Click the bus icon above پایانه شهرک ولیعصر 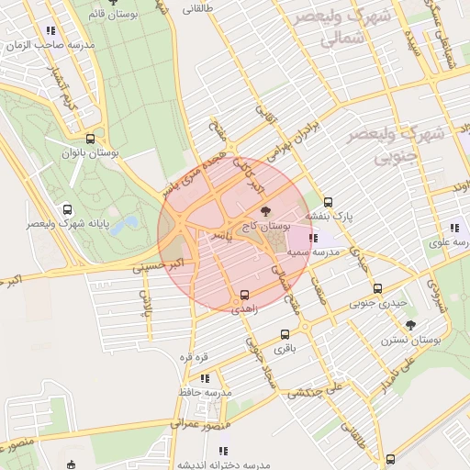[66, 209]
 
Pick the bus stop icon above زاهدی [244, 296]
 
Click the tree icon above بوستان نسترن [410, 324]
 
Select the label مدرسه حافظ [206, 392]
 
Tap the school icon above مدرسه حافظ [204, 377]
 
